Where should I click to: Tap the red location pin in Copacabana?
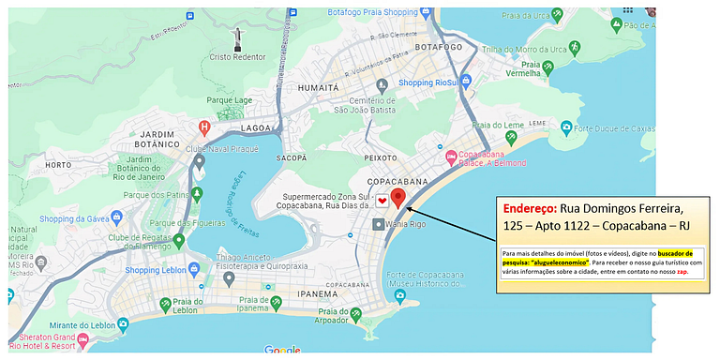[397, 198]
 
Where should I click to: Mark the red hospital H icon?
[204, 127]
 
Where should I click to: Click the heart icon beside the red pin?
[382, 201]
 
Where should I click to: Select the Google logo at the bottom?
[282, 351]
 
